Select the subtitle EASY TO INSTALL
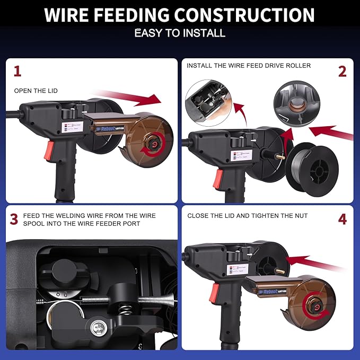pyautogui.click(x=180, y=33)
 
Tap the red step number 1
pyautogui.click(x=17, y=71)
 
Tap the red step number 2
pyautogui.click(x=342, y=71)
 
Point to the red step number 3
pyautogui.click(x=14, y=218)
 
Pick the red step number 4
pyautogui.click(x=342, y=218)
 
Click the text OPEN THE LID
pyautogui.click(x=36, y=91)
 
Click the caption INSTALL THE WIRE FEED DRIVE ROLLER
pyautogui.click(x=249, y=66)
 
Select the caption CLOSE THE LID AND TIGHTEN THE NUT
pyautogui.click(x=247, y=216)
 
